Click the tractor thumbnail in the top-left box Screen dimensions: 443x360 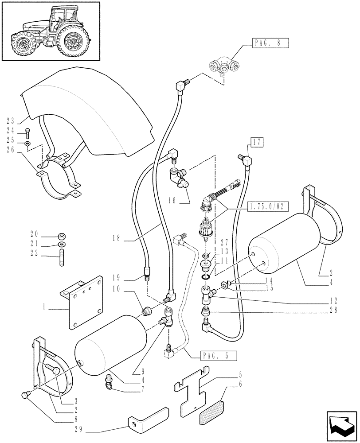pyautogui.click(x=50, y=31)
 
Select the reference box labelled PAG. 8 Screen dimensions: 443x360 pyautogui.click(x=271, y=43)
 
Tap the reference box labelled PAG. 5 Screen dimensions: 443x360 pyautogui.click(x=218, y=355)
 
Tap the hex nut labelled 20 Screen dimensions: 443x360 pyautogui.click(x=62, y=235)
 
